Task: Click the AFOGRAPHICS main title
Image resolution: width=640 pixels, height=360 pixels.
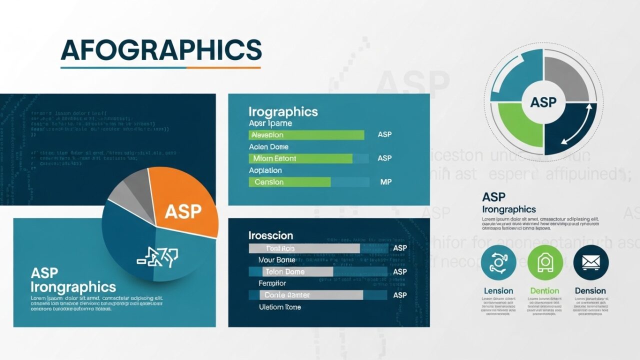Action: (x=161, y=50)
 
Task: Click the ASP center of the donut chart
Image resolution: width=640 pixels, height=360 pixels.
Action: (x=543, y=102)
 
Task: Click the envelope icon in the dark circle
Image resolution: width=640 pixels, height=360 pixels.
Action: (x=591, y=262)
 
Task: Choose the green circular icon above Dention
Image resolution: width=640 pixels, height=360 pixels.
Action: (x=545, y=262)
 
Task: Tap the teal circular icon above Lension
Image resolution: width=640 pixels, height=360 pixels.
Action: (x=498, y=262)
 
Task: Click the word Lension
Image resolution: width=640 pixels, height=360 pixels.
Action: (x=498, y=290)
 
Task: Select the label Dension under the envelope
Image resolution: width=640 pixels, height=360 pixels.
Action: (x=590, y=290)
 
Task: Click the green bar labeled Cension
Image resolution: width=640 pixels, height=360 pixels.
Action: (x=289, y=182)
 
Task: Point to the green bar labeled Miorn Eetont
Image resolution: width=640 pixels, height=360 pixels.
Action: (x=300, y=158)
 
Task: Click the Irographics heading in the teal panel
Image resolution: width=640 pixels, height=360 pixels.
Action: (x=283, y=111)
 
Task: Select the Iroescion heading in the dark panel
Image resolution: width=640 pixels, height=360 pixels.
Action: (x=270, y=235)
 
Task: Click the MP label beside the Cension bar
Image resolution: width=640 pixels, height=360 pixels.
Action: (x=385, y=182)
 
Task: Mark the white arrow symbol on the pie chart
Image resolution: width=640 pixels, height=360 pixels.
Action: (x=157, y=256)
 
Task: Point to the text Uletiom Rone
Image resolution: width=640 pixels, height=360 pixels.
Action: (x=280, y=307)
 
